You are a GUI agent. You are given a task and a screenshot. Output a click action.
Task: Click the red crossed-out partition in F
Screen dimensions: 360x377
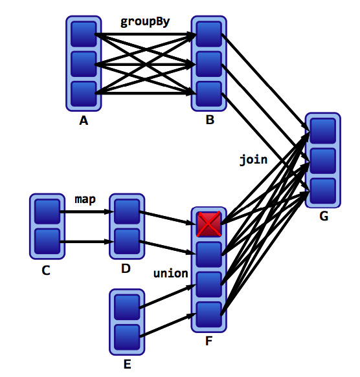[x=208, y=224]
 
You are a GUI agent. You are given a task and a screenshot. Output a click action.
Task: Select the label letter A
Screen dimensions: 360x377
[x=84, y=120]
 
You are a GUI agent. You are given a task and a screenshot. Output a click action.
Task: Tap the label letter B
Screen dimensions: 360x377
[x=210, y=120]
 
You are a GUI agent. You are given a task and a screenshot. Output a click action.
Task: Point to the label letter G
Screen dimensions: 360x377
[x=324, y=216]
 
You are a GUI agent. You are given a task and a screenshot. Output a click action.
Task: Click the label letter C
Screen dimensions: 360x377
[x=46, y=270]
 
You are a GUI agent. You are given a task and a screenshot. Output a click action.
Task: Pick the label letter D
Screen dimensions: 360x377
[x=126, y=268]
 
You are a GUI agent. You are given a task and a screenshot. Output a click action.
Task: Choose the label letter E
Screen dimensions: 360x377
[x=128, y=364]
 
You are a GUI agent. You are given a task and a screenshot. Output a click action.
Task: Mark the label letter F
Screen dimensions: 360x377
[x=208, y=341]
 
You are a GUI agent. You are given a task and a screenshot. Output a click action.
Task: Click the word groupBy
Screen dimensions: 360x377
[x=145, y=22]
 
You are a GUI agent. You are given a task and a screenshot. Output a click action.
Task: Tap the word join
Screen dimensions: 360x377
[x=253, y=160]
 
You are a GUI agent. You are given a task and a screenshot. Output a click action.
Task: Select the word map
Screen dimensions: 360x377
[x=85, y=200]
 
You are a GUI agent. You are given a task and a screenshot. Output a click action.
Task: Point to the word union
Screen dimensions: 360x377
[x=170, y=274]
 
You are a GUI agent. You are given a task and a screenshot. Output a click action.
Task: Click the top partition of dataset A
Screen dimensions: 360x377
[x=84, y=34]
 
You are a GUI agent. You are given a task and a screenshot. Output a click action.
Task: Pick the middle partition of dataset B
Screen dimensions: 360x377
[x=208, y=64]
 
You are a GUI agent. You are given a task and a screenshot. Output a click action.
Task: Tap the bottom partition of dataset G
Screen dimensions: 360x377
[x=323, y=191]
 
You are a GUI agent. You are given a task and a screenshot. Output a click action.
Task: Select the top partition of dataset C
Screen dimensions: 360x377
[x=47, y=211]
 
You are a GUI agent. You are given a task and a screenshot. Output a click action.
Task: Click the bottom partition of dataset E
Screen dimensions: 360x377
[x=127, y=337]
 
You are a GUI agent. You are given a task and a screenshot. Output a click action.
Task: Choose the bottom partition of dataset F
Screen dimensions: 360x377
[x=208, y=314]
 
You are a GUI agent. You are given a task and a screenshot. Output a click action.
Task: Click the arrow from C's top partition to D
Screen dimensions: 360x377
[x=87, y=211]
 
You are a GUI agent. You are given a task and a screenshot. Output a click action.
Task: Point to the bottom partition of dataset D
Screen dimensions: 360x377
[x=127, y=241]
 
